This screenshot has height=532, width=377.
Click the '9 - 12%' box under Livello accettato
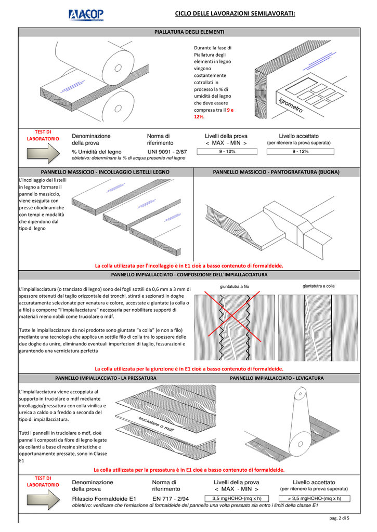300,152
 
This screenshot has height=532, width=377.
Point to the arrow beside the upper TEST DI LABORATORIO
43,154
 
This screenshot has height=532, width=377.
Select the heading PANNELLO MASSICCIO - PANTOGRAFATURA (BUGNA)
276,171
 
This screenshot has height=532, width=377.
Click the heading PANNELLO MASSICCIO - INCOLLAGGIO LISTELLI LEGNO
105,171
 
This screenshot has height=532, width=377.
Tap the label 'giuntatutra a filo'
235,286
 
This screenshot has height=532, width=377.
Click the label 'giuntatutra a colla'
318,286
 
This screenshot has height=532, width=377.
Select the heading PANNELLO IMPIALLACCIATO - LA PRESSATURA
106,378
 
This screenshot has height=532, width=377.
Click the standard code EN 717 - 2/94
172,498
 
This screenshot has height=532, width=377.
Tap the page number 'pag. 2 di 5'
339,518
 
